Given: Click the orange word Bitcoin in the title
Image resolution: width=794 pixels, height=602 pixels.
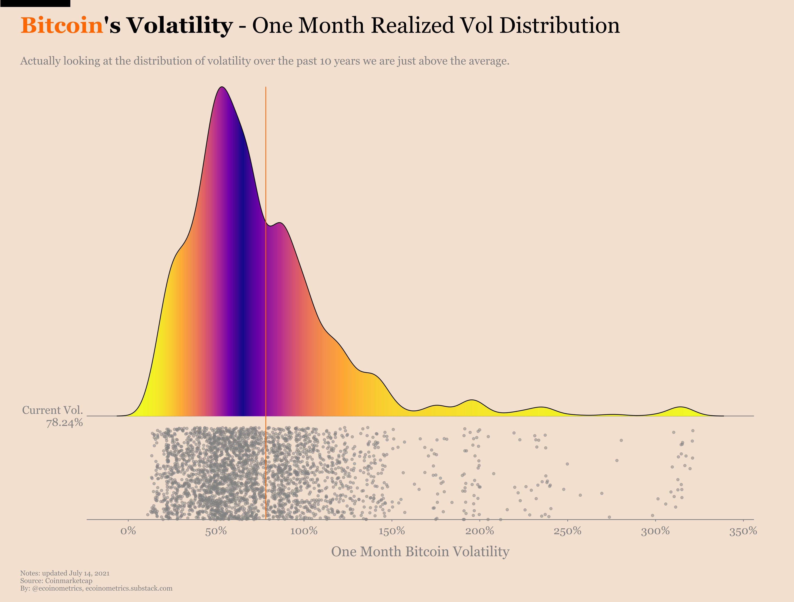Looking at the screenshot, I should coord(62,26).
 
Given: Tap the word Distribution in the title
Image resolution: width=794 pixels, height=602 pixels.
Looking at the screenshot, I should coord(559,26).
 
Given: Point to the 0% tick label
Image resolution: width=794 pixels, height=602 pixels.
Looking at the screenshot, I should coord(128,531).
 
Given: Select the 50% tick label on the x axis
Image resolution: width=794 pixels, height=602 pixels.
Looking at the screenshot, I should coord(216,531).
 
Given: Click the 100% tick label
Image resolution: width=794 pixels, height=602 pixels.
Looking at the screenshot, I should coord(304,531).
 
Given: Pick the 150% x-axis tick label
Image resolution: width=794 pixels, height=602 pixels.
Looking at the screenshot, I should coord(392,531).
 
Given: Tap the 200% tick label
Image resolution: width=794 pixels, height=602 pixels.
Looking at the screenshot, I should coord(479,531).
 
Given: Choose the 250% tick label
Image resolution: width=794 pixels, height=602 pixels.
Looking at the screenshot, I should coord(567,531).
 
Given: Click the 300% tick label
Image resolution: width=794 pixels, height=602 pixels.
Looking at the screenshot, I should coord(655,531).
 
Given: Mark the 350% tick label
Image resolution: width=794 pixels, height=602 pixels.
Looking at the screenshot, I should coord(743,531).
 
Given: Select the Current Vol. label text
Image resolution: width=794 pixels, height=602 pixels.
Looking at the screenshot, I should coord(52,410).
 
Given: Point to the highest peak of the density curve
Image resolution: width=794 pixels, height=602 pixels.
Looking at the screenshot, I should coord(223,87).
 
